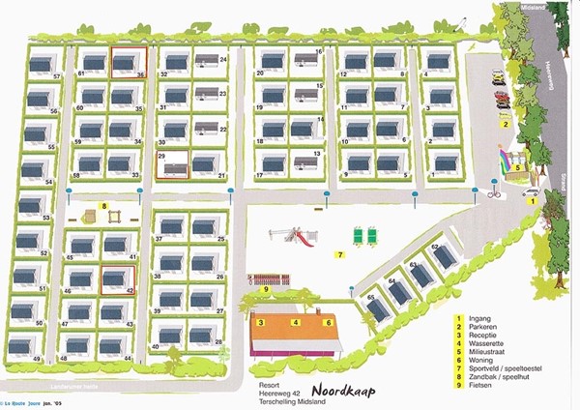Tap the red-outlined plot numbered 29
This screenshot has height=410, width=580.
pos(173,166)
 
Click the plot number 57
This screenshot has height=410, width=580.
pos(57,75)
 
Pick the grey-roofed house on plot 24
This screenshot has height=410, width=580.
pos(206,61)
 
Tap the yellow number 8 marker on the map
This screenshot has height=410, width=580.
pos(102,205)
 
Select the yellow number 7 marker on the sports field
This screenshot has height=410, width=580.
pos(339,255)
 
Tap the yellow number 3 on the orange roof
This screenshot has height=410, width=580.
pos(261,322)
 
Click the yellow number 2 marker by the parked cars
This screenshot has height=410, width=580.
pos(505,123)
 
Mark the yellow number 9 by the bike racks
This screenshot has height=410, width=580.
pos(265,289)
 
